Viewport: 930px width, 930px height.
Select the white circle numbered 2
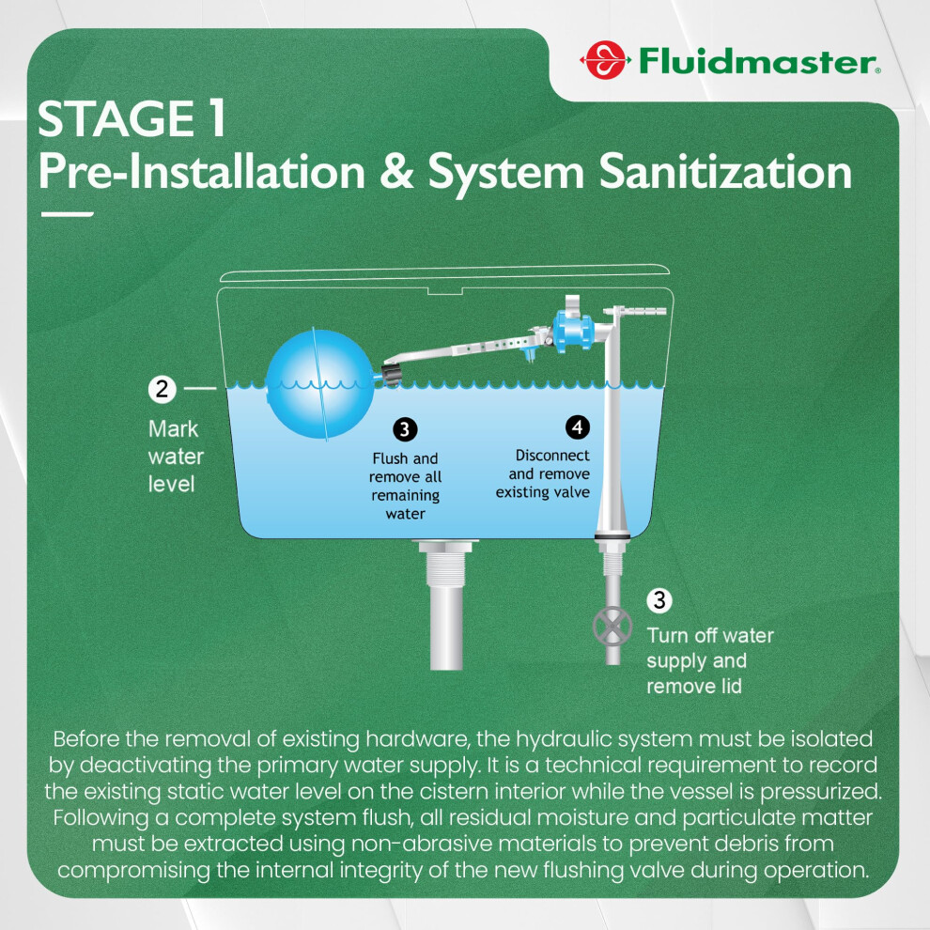(162, 389)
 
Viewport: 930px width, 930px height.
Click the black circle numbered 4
(577, 426)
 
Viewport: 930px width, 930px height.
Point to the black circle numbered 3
(405, 428)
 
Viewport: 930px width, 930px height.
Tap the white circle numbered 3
(659, 600)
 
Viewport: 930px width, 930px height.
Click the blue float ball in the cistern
(319, 384)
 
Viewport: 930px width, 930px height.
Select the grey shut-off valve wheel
(612, 627)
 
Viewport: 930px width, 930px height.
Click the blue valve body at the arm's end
(572, 333)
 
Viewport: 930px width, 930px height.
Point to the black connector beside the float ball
(389, 374)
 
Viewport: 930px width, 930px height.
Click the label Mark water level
(176, 457)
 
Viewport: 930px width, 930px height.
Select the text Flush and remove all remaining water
(405, 486)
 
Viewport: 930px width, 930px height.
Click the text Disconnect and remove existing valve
(543, 473)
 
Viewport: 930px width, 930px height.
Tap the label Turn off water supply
(710, 647)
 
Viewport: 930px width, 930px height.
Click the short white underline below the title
(67, 214)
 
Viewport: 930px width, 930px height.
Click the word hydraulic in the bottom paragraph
(562, 739)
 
